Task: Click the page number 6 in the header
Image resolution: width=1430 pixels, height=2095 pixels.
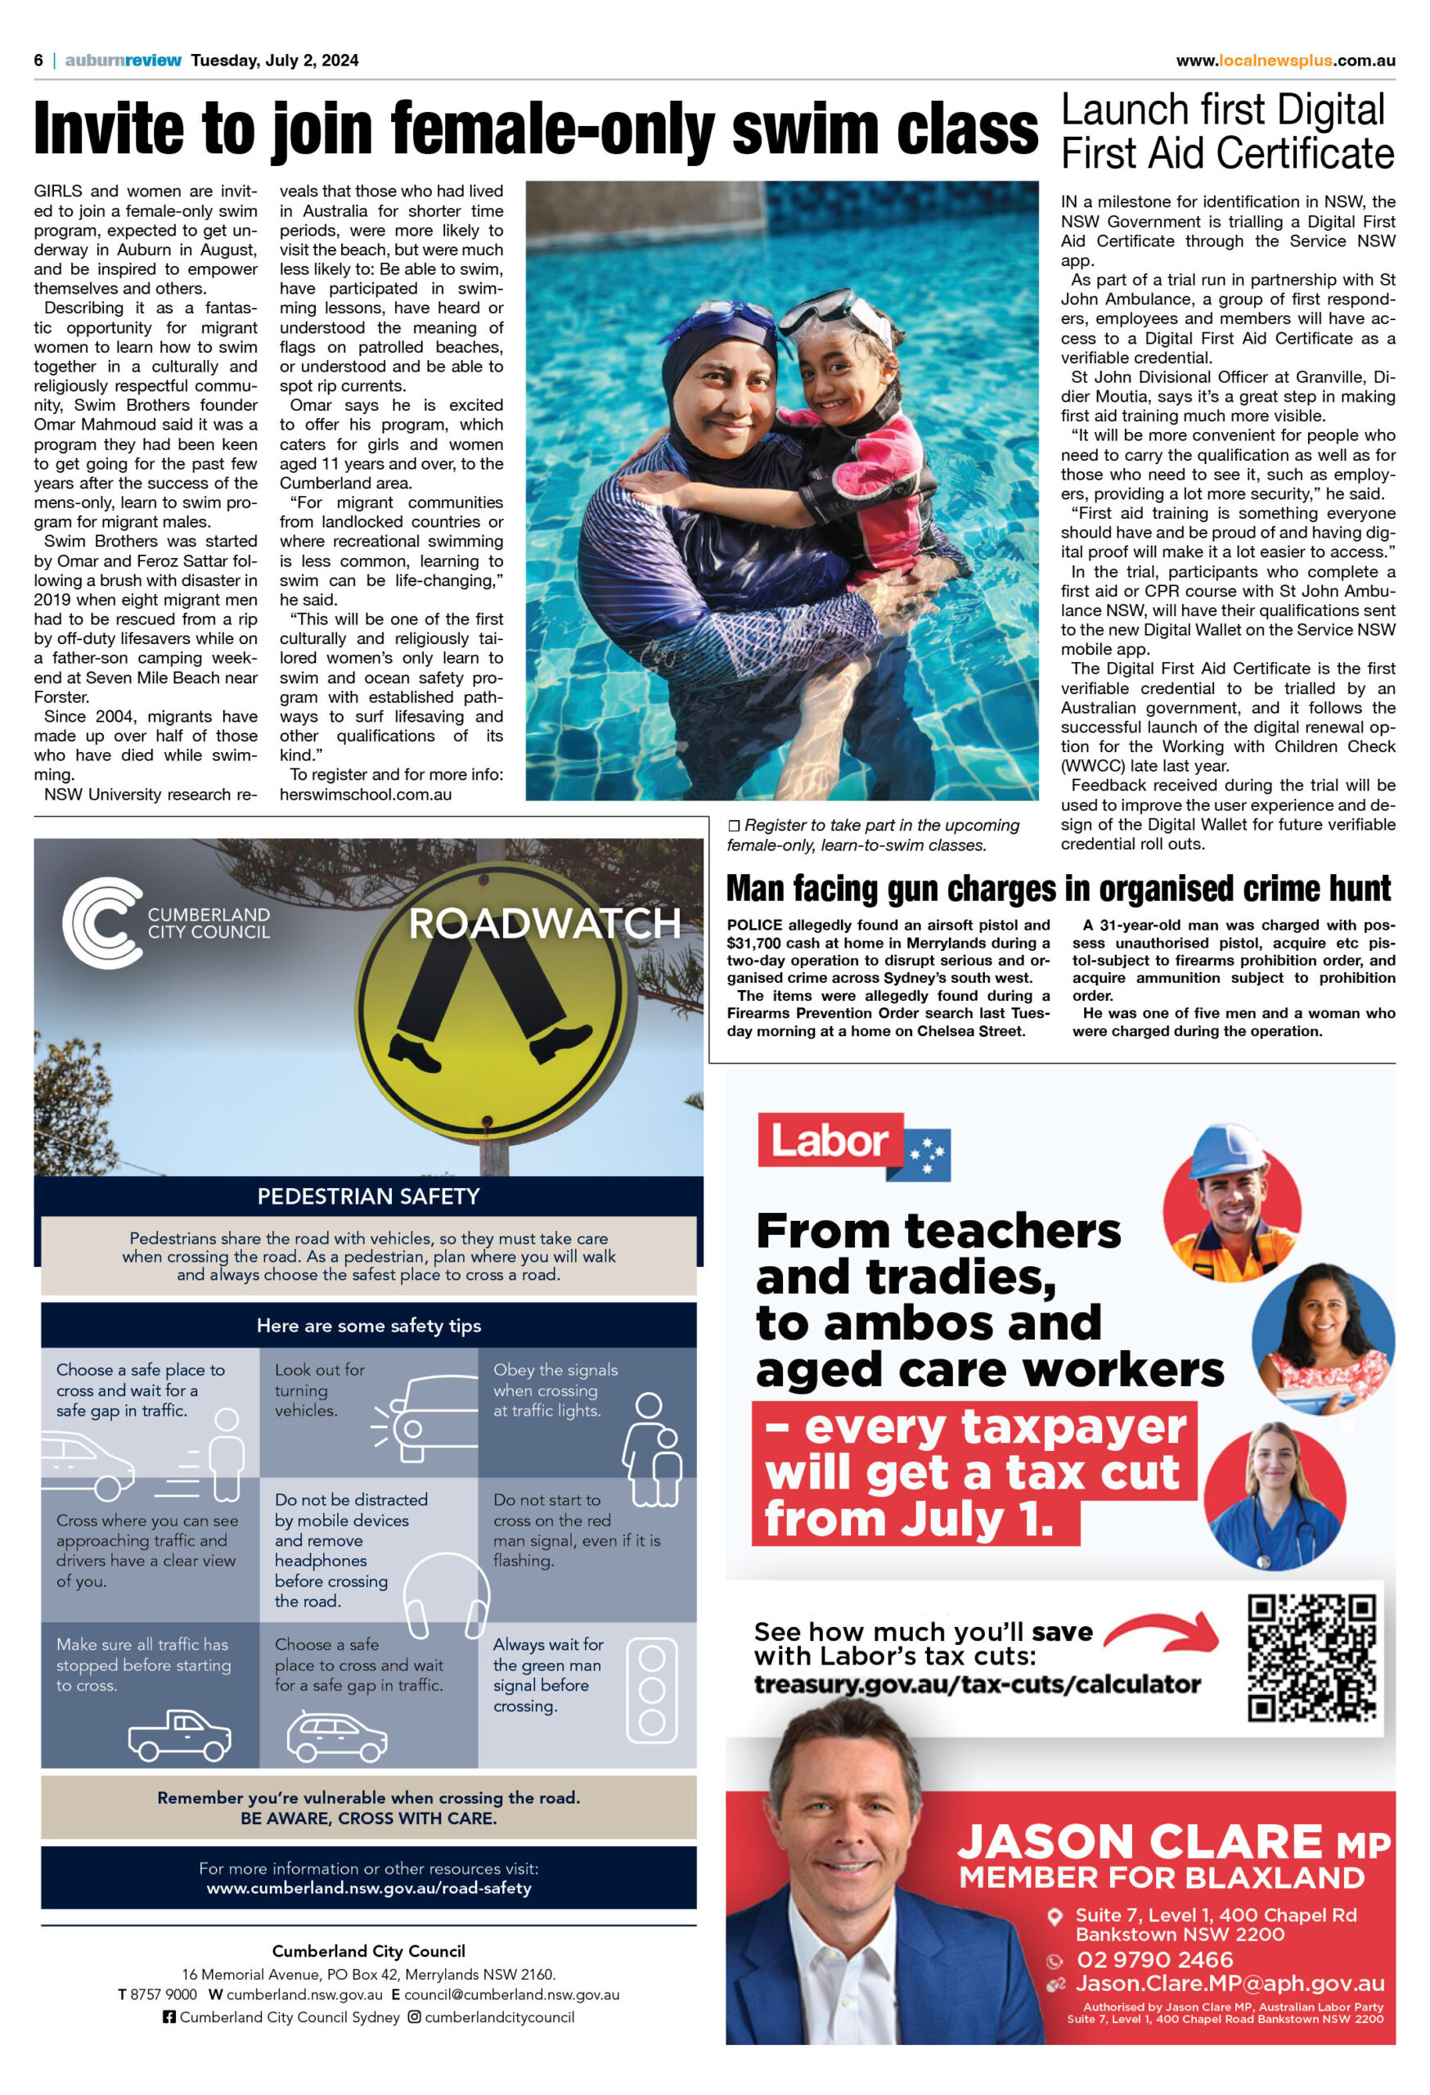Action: (x=38, y=61)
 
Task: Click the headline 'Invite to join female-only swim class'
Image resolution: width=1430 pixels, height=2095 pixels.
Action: (x=535, y=129)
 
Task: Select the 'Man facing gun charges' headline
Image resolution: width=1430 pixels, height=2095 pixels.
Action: (x=1059, y=889)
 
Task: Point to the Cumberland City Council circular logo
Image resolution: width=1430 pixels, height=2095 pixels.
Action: (x=101, y=922)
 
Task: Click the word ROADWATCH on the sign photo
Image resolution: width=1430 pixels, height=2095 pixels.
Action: (x=544, y=924)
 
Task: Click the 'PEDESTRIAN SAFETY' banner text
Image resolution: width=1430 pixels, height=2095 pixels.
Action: (x=368, y=1196)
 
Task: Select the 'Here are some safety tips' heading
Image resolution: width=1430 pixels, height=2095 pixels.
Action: (x=368, y=1325)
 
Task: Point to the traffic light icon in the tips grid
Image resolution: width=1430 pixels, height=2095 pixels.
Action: (x=651, y=1689)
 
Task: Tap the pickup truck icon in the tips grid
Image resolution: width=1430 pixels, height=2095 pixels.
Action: (x=180, y=1735)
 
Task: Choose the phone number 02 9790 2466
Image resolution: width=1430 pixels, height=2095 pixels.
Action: (x=1154, y=1960)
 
